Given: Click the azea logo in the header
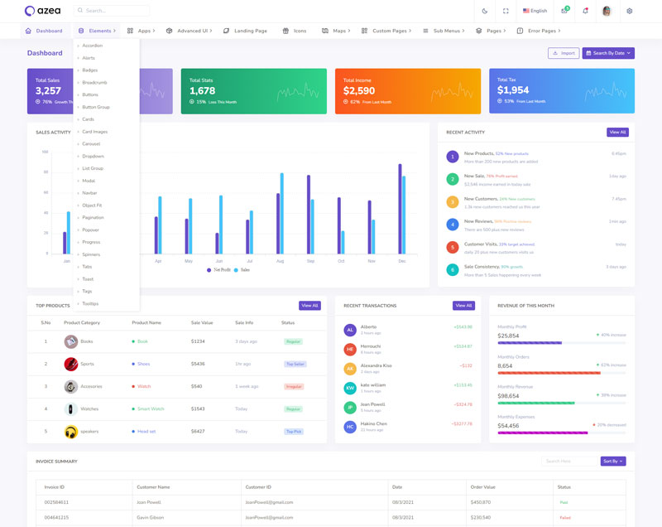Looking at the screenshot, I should click(41, 11).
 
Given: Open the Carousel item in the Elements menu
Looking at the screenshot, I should click(91, 144).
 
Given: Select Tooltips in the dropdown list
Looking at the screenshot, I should click(90, 303).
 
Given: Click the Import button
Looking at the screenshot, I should click(564, 53).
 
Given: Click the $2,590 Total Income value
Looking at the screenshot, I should click(358, 90).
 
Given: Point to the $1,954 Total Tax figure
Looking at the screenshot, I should click(513, 90).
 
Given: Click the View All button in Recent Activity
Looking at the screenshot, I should click(617, 132).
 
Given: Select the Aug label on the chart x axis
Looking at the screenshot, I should click(280, 261).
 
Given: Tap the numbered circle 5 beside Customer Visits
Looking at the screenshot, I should click(452, 247).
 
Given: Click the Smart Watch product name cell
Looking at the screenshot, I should click(151, 409).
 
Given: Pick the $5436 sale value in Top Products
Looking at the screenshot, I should click(198, 364).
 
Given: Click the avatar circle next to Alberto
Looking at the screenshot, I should click(350, 330).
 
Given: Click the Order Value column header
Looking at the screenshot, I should click(482, 487).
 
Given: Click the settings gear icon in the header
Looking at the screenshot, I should click(629, 11).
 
